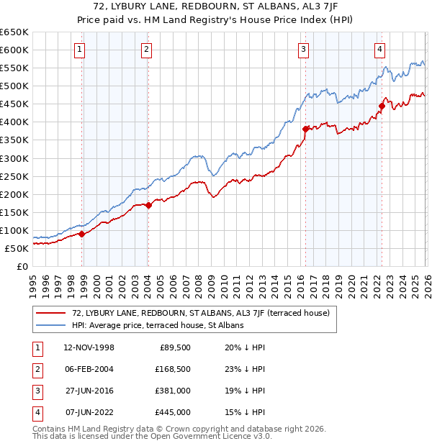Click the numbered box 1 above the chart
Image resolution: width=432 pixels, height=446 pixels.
click(78, 50)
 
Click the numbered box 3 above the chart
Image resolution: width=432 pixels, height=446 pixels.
click(303, 50)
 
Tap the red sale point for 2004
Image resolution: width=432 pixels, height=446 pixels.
click(148, 205)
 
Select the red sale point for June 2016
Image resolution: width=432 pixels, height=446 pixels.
click(305, 129)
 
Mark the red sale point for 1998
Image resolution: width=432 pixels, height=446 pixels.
click(81, 234)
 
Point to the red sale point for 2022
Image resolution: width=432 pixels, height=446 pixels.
click(382, 106)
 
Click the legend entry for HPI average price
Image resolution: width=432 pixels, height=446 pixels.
click(158, 325)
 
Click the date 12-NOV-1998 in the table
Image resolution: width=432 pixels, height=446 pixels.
click(89, 347)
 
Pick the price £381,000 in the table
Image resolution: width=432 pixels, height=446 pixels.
click(173, 391)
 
